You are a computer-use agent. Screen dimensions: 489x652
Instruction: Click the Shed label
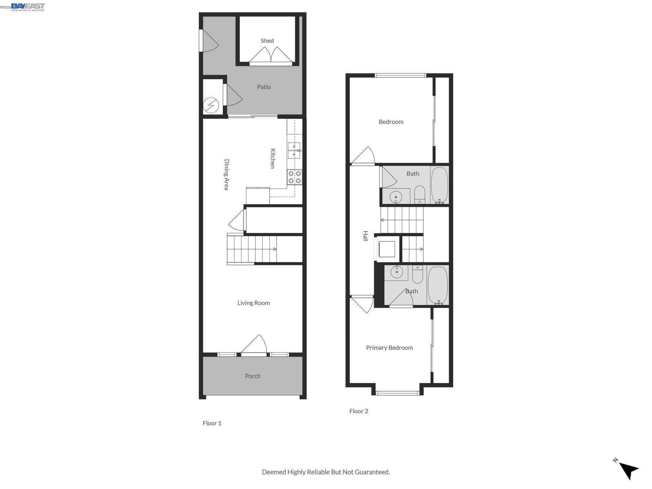pyautogui.click(x=267, y=41)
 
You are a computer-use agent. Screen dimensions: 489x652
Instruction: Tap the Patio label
pyautogui.click(x=264, y=87)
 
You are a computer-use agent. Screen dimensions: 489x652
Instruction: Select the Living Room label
pyautogui.click(x=253, y=303)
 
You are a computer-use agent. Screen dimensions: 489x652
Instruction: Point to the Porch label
pyautogui.click(x=252, y=376)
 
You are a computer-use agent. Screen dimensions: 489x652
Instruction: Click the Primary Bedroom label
pyautogui.click(x=389, y=348)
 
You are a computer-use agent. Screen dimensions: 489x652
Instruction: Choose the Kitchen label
pyautogui.click(x=272, y=158)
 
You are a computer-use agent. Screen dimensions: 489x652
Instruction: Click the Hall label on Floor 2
pyautogui.click(x=365, y=236)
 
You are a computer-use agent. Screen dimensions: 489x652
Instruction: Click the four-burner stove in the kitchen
pyautogui.click(x=294, y=177)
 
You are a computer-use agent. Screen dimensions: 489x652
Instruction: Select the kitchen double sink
pyautogui.click(x=294, y=150)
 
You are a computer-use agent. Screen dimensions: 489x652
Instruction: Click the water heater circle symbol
pyautogui.click(x=211, y=105)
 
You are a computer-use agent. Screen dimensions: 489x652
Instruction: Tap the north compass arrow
pyautogui.click(x=628, y=470)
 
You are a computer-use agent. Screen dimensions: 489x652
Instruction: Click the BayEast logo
pyautogui.click(x=28, y=7)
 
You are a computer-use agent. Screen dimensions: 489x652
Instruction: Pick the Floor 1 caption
pyautogui.click(x=212, y=423)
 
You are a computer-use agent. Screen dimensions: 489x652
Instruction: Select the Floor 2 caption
pyautogui.click(x=359, y=411)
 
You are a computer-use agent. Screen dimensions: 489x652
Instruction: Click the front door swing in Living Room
pyautogui.click(x=255, y=345)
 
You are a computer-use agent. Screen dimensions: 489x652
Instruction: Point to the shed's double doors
pyautogui.click(x=271, y=56)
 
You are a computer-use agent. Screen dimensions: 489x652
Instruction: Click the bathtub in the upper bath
pyautogui.click(x=439, y=185)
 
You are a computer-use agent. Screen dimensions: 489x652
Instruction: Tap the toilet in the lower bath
pyautogui.click(x=417, y=274)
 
